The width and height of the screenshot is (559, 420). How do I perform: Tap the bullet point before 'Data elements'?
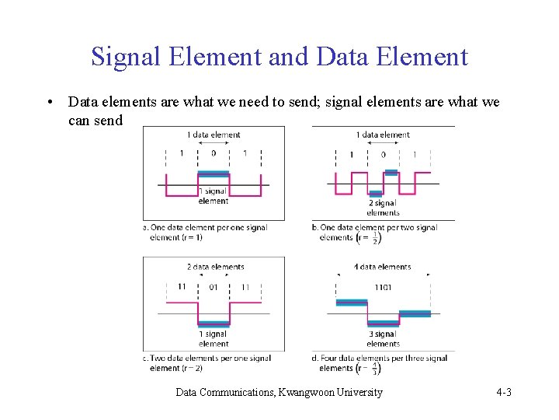pos(50,103)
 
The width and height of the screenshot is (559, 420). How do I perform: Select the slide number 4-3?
pos(503,392)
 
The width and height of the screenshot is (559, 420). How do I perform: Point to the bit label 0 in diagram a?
pos(214,153)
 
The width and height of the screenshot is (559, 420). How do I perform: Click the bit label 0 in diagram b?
pos(383,155)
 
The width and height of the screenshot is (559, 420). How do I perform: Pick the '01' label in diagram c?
pos(214,287)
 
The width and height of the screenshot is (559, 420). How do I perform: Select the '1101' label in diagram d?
pos(383,287)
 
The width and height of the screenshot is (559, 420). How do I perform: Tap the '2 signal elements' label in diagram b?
pos(383,208)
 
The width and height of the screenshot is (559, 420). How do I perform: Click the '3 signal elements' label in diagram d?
pos(383,339)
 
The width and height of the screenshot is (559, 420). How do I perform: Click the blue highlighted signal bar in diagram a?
pos(214,174)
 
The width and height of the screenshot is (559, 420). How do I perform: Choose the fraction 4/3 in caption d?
pos(375,367)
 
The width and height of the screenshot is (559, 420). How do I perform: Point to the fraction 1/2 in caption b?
pos(377,237)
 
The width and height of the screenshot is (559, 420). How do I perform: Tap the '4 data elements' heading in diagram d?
pos(383,267)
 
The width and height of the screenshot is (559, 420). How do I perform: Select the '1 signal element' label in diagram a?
pos(214,196)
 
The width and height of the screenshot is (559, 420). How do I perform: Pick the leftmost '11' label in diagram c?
pos(182,287)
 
